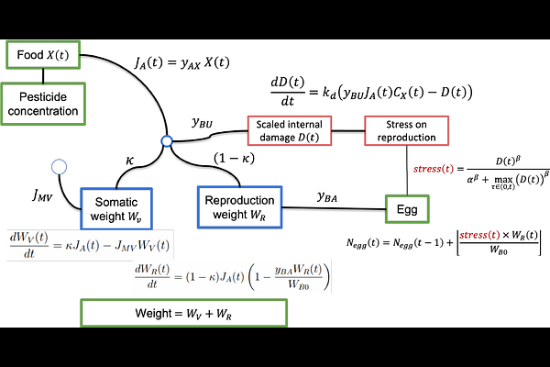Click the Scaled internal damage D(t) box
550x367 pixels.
point(298,130)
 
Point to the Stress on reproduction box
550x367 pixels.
point(408,130)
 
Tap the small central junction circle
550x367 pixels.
point(166,141)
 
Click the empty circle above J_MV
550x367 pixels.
point(60,167)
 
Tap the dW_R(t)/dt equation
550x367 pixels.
point(246,276)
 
